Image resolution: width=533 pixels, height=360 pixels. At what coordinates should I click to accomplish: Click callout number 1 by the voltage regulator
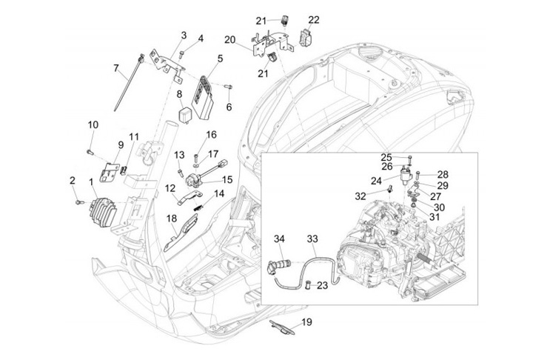(91, 181)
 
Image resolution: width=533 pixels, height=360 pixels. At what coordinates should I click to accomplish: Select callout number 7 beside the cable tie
(116, 68)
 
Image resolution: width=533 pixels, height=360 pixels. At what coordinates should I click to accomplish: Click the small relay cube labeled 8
(185, 114)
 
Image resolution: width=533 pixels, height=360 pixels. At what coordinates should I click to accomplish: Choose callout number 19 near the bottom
(306, 322)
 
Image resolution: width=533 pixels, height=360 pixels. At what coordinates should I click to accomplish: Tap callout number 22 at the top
(314, 20)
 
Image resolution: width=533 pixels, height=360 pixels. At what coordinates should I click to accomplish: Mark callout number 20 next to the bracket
(229, 39)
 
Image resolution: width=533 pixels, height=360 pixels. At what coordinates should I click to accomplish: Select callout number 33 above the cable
(312, 239)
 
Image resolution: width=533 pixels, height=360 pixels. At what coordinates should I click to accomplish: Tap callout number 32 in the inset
(361, 196)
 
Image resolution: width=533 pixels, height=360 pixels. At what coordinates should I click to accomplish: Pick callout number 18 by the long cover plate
(171, 219)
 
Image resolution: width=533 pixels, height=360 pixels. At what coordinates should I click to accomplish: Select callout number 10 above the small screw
(93, 124)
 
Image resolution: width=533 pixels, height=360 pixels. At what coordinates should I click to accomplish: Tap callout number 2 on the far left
(73, 180)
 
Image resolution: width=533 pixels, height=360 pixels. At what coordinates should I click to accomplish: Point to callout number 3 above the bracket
(183, 35)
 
